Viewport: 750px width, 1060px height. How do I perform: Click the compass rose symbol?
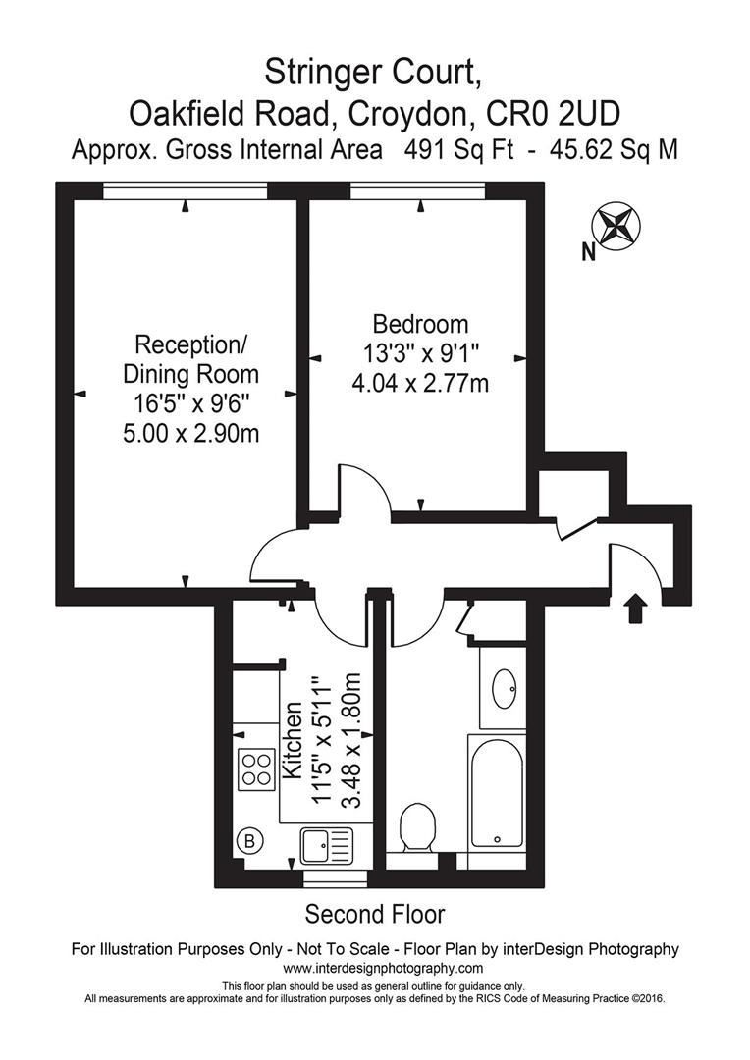(x=616, y=225)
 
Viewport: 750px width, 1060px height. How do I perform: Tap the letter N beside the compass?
(x=589, y=253)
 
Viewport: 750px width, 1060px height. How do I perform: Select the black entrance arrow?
(x=636, y=608)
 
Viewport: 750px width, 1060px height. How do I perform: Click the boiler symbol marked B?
(x=249, y=840)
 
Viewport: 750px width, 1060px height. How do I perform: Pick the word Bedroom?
(x=420, y=324)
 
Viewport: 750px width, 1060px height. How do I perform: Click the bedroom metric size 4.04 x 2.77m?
(x=420, y=383)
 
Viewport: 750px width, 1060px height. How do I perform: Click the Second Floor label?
(x=374, y=915)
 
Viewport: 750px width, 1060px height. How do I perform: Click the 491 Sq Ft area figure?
(x=459, y=150)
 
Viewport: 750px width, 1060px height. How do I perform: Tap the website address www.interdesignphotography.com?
(x=375, y=968)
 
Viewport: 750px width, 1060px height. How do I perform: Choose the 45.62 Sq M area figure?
(x=609, y=150)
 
